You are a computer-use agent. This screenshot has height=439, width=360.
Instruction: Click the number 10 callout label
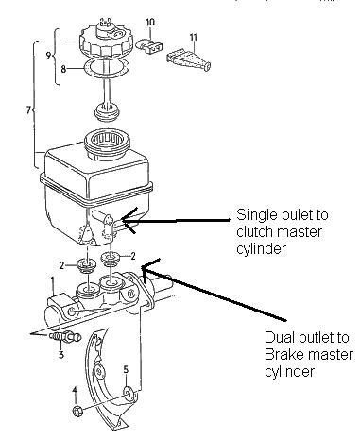coord(149,21)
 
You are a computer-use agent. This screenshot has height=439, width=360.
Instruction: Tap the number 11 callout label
coord(193,37)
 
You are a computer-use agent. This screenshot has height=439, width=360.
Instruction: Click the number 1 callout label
coord(53,280)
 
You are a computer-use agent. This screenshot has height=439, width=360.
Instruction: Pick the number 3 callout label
coord(60,355)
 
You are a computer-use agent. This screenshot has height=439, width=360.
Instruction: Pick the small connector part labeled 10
coord(148,43)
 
